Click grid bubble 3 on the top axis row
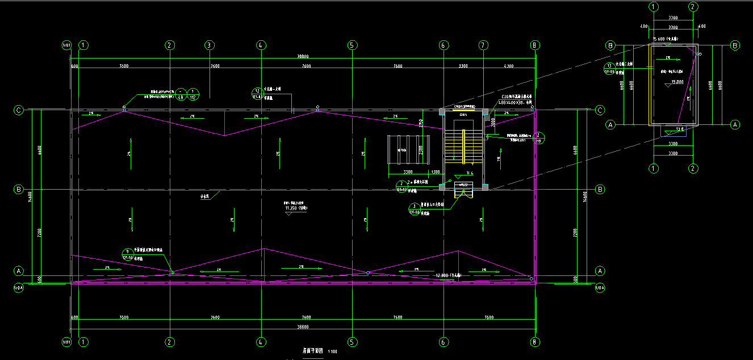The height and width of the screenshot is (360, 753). [209, 45]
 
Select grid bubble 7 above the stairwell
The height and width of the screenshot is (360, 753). [483, 45]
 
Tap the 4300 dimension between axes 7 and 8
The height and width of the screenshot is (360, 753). [508, 66]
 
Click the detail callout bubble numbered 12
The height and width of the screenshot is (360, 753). [257, 91]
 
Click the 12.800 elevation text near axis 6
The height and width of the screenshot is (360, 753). [448, 275]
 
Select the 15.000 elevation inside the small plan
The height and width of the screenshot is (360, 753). [677, 81]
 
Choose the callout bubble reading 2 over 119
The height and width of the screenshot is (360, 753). [539, 137]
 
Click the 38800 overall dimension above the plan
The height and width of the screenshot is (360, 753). [303, 57]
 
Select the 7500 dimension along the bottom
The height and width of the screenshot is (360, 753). [490, 317]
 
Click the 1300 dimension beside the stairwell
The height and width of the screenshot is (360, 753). [436, 171]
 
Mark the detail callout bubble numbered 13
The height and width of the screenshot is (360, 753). [609, 66]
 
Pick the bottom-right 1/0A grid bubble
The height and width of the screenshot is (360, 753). [600, 288]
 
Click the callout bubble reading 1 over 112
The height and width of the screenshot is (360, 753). [193, 94]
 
